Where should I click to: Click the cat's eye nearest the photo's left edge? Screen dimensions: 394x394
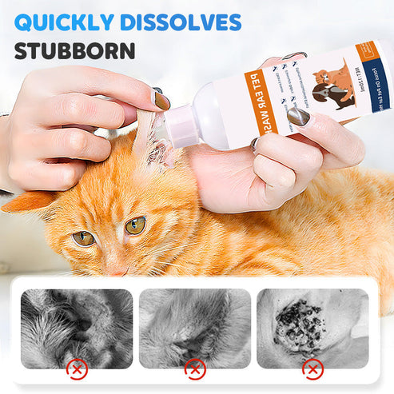(82, 237)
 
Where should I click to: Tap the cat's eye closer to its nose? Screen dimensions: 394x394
(135, 225)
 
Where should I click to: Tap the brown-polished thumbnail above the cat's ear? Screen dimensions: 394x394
(162, 101)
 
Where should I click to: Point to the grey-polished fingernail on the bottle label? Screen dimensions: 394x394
(298, 117)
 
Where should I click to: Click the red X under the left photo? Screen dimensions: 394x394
(77, 368)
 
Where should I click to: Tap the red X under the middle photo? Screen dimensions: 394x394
(194, 368)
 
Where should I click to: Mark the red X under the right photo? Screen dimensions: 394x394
(312, 368)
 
